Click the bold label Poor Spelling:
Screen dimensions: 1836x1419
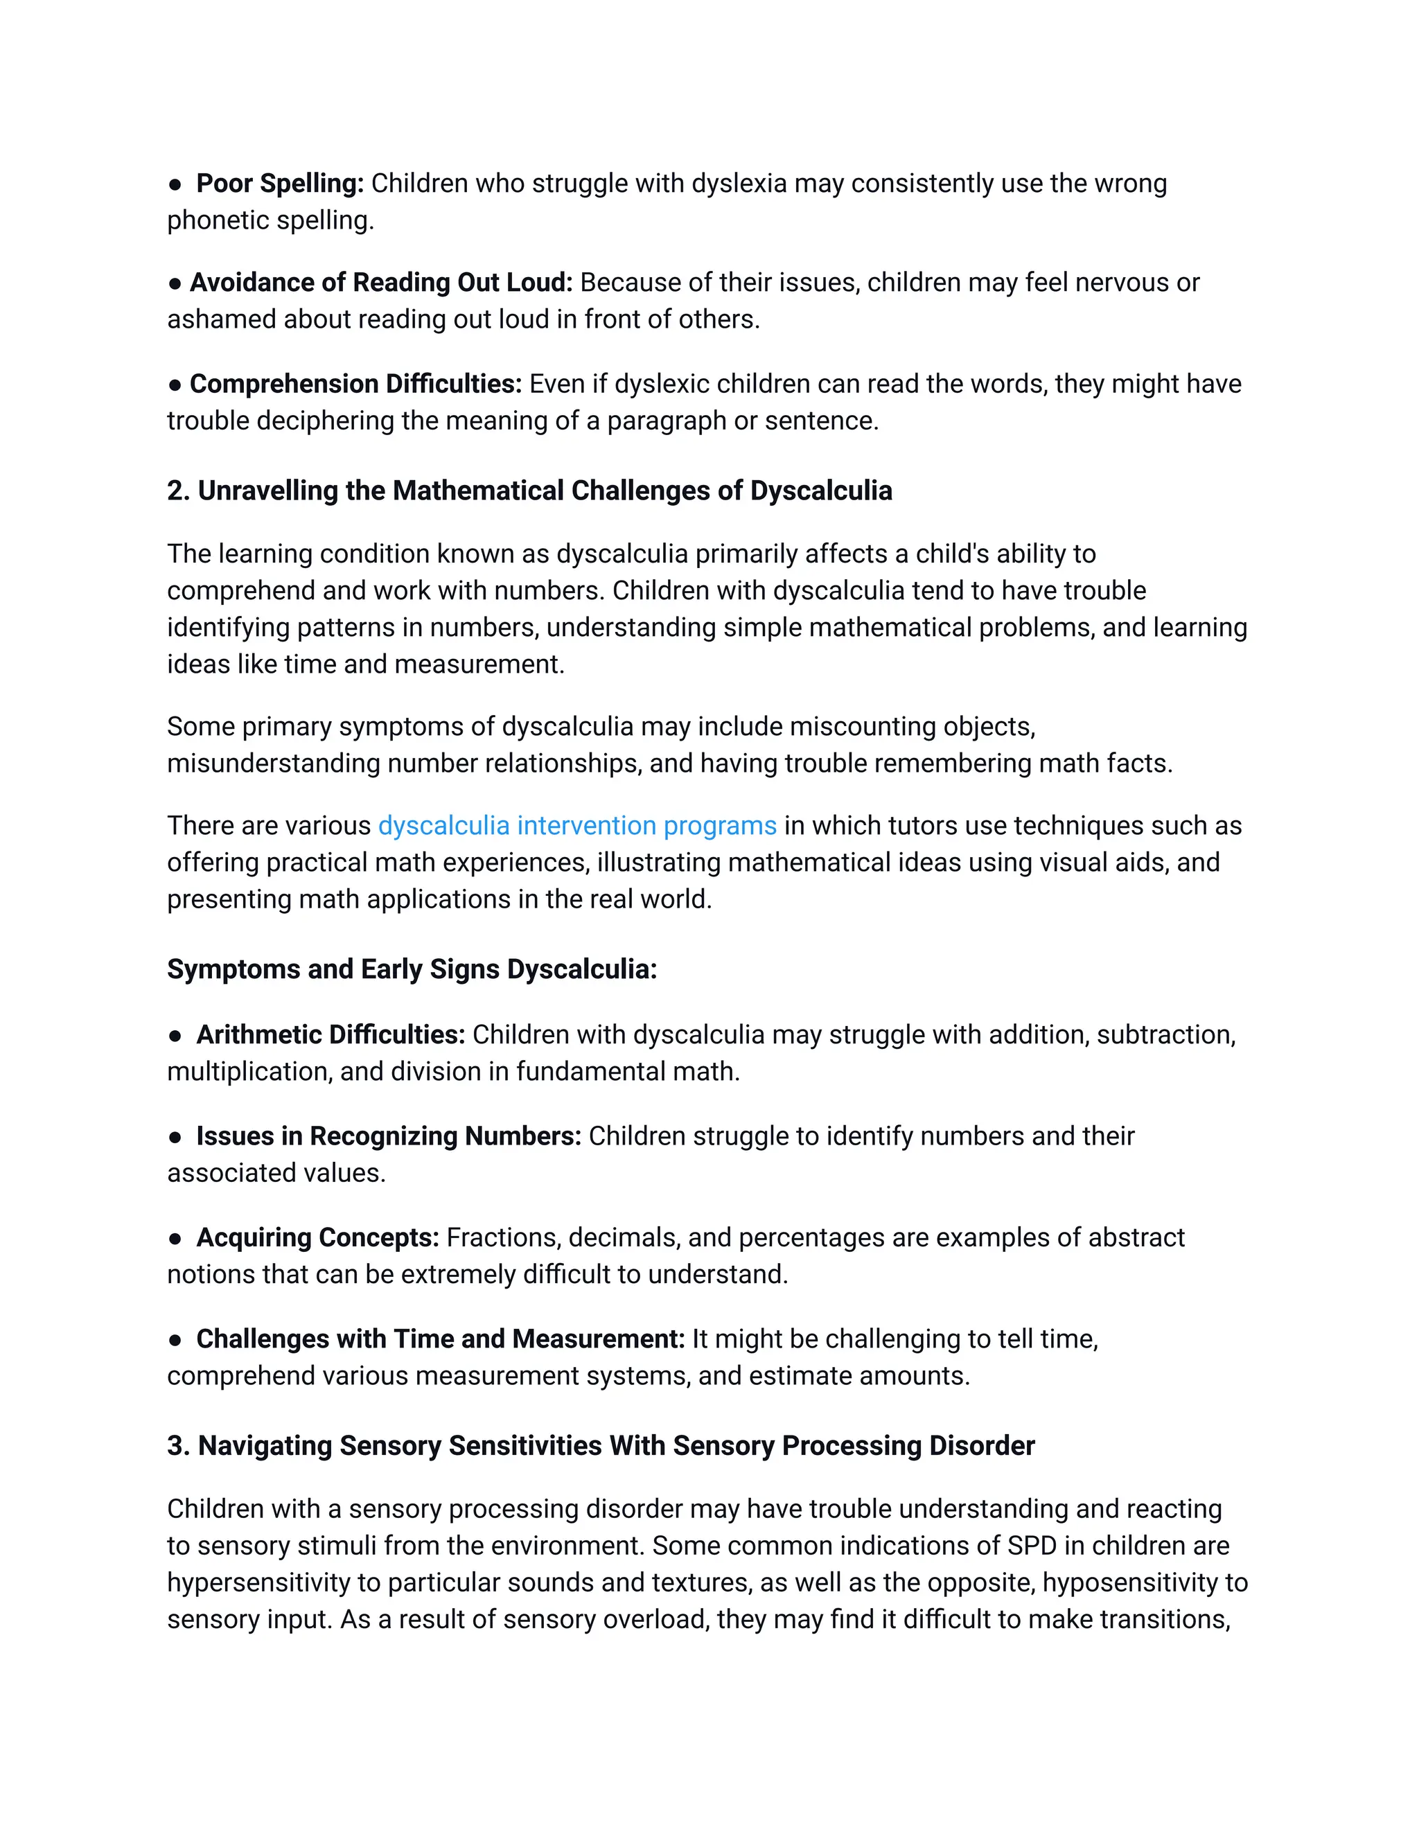280,184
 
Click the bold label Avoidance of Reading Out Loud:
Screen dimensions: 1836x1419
381,283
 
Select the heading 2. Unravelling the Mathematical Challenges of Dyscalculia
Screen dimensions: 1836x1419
529,491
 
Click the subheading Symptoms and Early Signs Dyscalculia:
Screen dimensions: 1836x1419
412,969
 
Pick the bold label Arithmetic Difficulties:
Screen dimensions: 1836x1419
330,1035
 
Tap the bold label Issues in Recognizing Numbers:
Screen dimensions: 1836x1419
389,1136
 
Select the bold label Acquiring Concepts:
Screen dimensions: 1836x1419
318,1238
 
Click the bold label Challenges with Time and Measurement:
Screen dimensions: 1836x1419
441,1339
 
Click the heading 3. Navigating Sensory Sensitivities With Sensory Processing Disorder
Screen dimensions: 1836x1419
600,1446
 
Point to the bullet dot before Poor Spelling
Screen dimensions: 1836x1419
175,184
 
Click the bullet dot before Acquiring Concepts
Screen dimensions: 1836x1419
175,1238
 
